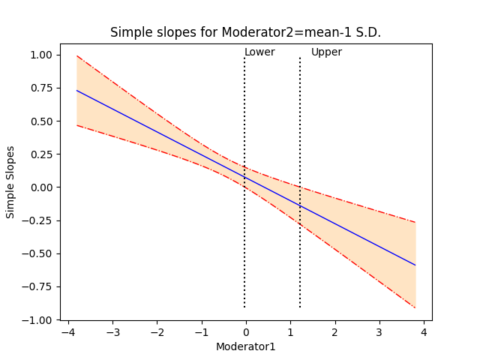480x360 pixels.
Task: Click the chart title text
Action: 246,32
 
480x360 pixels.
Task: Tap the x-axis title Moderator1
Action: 246,346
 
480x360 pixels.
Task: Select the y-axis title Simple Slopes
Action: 10,187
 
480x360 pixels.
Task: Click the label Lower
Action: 259,52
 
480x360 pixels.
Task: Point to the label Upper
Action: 326,52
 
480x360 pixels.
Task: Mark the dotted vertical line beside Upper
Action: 300,225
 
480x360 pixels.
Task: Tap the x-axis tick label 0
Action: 246,331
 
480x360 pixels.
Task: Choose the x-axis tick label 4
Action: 424,331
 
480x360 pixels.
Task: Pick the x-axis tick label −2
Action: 155,331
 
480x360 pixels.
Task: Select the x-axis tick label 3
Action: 379,331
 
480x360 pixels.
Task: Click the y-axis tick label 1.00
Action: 40,55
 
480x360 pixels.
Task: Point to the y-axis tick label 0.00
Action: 40,187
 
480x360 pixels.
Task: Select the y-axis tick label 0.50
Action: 40,121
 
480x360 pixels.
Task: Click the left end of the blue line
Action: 76,91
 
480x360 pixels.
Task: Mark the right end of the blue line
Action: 415,265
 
